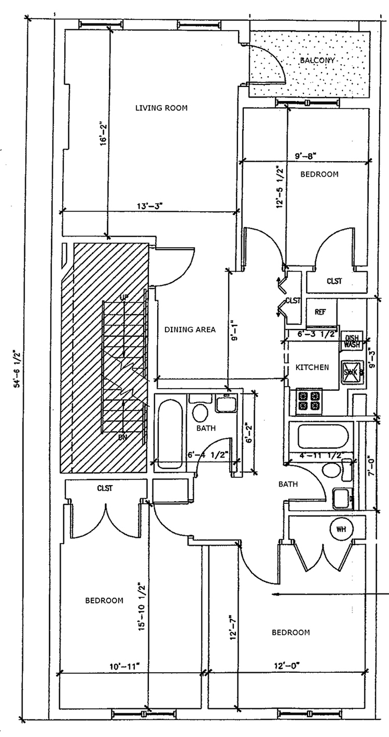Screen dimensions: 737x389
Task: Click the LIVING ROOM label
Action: tap(161, 108)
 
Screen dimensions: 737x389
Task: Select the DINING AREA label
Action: tap(190, 329)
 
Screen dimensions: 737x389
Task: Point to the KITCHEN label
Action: tap(312, 367)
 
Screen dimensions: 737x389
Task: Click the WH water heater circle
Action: tap(341, 529)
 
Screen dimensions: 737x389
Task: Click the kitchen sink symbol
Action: tap(350, 372)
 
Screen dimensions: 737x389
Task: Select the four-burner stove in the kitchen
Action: tap(309, 401)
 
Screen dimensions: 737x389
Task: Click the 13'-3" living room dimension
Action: tap(150, 206)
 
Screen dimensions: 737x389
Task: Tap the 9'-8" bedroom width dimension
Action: tap(306, 155)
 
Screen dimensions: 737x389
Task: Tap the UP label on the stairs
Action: tap(124, 297)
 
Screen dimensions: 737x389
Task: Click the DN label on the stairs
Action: tap(123, 437)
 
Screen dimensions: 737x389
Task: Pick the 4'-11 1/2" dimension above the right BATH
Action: tap(321, 455)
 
